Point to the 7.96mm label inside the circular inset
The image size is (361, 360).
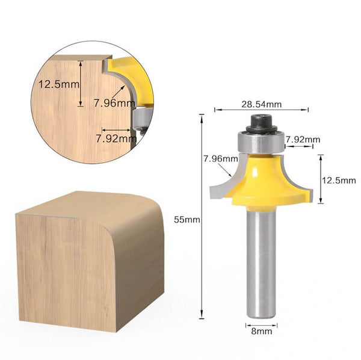[x=114, y=102]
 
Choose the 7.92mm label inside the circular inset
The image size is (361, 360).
[x=116, y=137]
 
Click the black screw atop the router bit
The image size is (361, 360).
[x=261, y=122]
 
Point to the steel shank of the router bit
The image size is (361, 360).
[x=261, y=265]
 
